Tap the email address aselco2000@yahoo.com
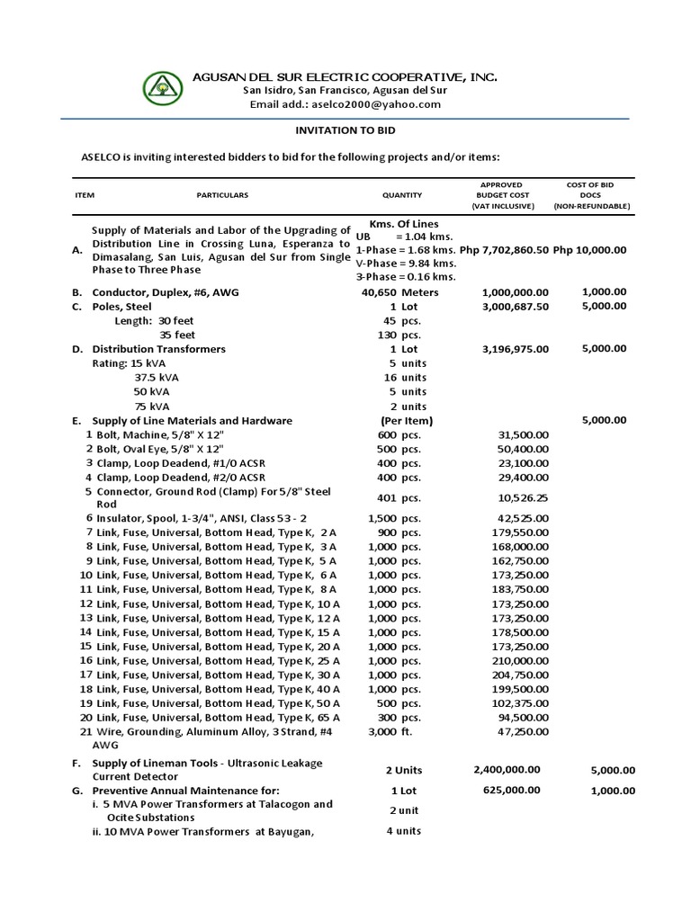click(x=345, y=104)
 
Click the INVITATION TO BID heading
click(x=345, y=130)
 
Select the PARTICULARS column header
click(x=222, y=195)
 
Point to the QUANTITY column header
click(x=401, y=195)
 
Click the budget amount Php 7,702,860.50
click(x=504, y=250)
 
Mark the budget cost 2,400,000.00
click(x=507, y=769)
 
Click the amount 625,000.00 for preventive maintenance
click(x=508, y=790)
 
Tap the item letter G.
click(x=76, y=791)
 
